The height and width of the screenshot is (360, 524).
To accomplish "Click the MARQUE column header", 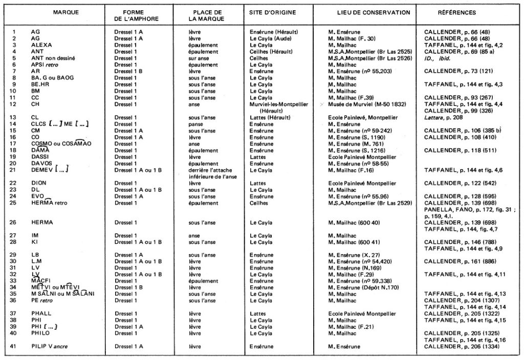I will click(66, 12).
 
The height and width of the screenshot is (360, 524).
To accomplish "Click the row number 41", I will click(15, 346).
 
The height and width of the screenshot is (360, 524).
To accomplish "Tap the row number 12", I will click(15, 104).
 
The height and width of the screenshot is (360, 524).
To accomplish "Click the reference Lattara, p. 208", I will click(443, 117).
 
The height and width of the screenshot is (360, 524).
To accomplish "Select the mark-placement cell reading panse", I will click(196, 124).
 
